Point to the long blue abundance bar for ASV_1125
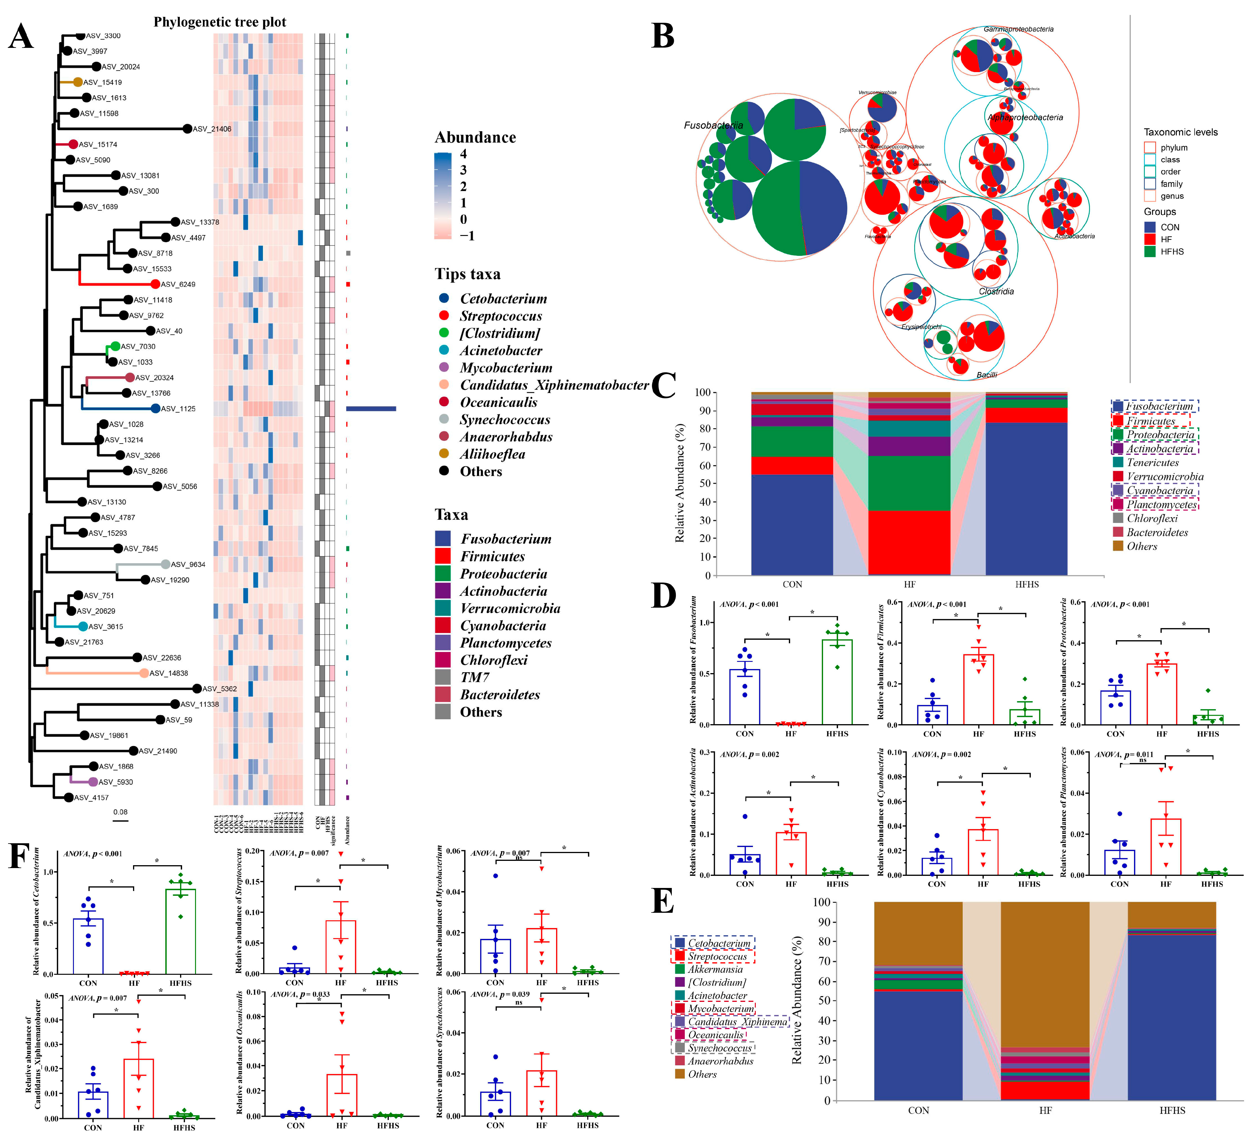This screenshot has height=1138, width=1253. [x=371, y=409]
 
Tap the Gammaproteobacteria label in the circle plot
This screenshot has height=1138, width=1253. [x=1018, y=29]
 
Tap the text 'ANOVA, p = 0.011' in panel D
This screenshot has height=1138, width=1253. [x=1124, y=755]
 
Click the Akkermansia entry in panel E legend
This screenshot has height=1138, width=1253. [x=715, y=969]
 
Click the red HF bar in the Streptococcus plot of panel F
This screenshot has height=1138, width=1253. [x=341, y=947]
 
